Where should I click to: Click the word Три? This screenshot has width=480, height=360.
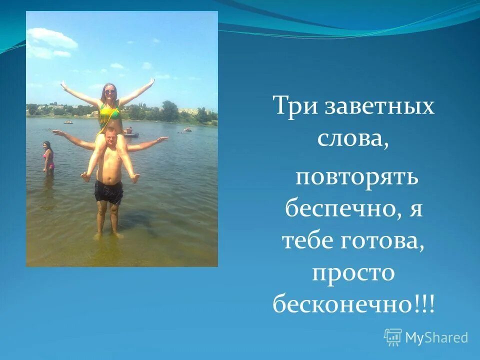[x=291, y=107]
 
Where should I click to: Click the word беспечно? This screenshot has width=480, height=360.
[x=341, y=207]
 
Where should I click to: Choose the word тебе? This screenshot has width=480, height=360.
[x=306, y=241]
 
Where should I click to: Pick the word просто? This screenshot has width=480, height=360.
[x=353, y=273]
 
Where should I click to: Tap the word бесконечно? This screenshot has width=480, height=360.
[x=342, y=304]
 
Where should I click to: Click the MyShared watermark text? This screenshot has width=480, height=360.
[x=436, y=338]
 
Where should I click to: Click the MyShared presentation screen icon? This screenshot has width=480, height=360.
[x=393, y=337]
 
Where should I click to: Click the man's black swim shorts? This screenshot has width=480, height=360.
[x=109, y=191]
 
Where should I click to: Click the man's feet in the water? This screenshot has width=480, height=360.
[x=108, y=234]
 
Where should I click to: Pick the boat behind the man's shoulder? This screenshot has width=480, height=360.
[x=131, y=134]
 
